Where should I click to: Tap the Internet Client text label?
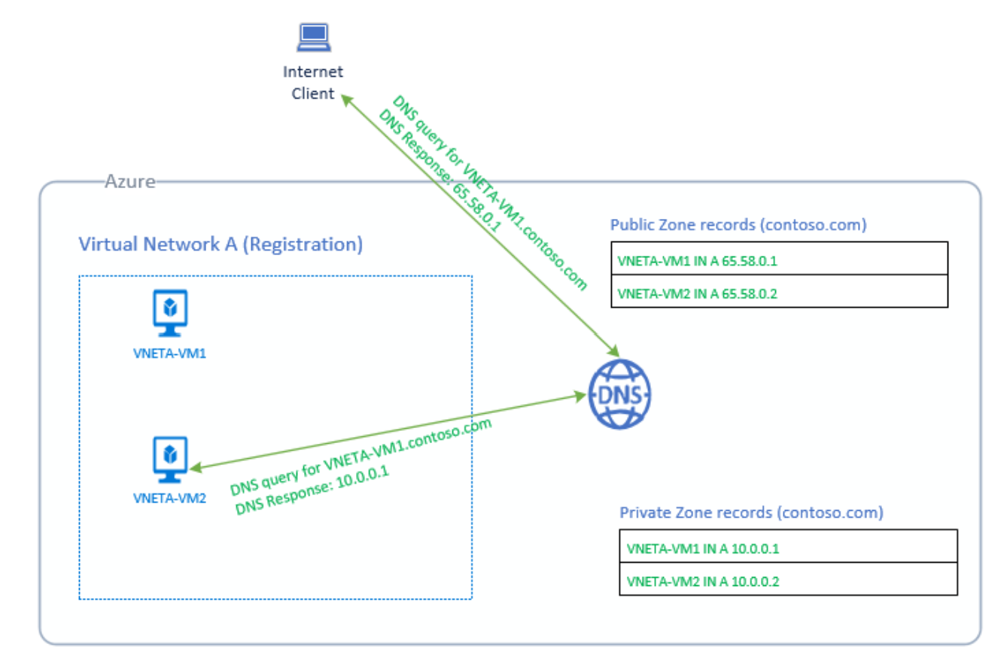point(312,83)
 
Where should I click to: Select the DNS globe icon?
point(619,394)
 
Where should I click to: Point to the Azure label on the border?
point(129,181)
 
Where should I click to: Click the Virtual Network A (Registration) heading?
point(221,244)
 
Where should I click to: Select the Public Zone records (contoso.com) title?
point(738,224)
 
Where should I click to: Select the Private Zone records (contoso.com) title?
point(751,513)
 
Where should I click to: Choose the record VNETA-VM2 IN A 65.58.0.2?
point(696,293)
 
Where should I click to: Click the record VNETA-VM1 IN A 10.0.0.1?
point(702,548)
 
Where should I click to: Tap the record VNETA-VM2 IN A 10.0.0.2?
point(702,581)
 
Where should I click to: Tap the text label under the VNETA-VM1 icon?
point(169,352)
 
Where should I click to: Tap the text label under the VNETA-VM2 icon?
point(169,496)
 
